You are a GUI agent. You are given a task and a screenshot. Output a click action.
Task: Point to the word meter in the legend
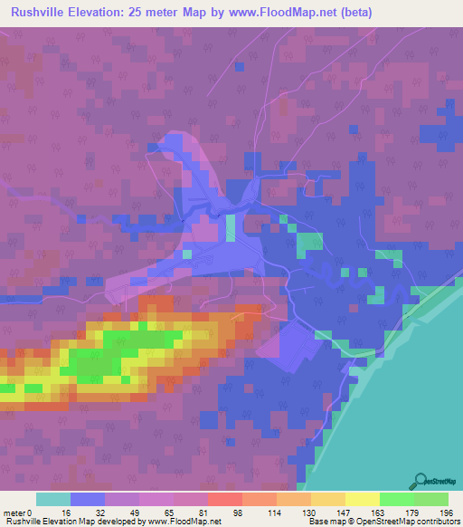point(14,512)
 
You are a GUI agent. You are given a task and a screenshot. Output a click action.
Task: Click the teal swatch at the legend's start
point(53,499)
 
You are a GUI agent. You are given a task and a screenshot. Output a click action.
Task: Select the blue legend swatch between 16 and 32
point(88,499)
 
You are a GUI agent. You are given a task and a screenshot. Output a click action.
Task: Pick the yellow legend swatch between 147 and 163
point(363,499)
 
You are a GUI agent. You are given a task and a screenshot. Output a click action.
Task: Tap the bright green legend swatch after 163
point(397,499)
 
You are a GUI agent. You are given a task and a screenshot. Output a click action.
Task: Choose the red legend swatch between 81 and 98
point(225,499)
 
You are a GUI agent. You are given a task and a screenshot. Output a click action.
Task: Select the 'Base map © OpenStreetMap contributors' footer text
point(383,522)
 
